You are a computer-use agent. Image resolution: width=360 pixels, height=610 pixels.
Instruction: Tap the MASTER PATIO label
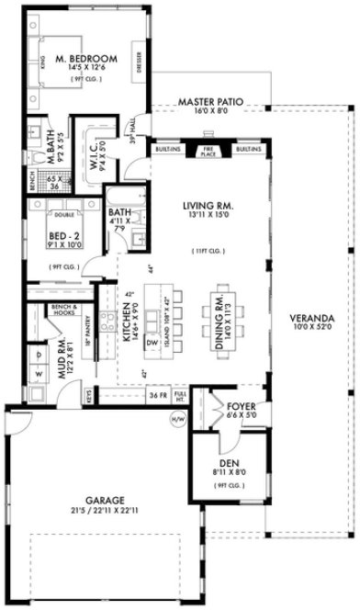pyautogui.click(x=209, y=101)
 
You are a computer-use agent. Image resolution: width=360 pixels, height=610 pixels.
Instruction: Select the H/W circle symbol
pyautogui.click(x=176, y=419)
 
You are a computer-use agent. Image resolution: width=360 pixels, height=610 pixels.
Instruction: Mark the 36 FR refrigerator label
pyautogui.click(x=157, y=397)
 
